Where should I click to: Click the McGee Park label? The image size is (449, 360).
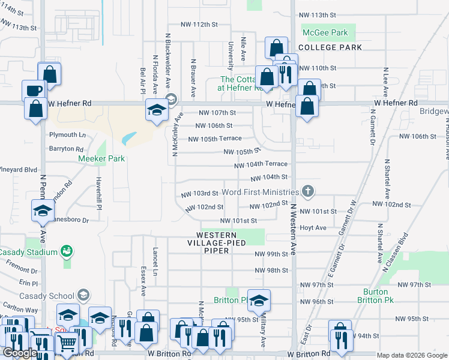[325, 32]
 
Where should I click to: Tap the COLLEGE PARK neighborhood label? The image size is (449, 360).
[330, 47]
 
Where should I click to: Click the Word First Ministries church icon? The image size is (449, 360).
[308, 192]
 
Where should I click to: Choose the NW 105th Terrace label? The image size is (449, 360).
[215, 139]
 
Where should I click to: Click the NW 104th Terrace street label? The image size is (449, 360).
[261, 164]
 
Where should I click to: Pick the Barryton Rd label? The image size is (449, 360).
[66, 148]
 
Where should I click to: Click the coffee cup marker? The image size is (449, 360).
[34, 91]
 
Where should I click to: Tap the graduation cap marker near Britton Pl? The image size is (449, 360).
[259, 301]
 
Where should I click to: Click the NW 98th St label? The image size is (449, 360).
[271, 271]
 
